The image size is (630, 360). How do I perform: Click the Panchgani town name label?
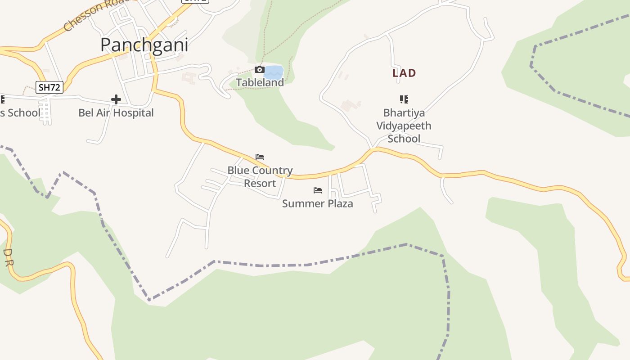[x=144, y=45]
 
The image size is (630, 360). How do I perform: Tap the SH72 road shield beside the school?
[x=49, y=87]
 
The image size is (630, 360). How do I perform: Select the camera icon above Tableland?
[x=259, y=69]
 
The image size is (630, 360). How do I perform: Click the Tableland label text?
[x=260, y=82]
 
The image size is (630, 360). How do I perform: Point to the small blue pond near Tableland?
[x=274, y=72]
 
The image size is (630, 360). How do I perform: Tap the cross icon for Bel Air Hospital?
[x=116, y=99]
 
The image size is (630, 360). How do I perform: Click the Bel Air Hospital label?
[x=116, y=112]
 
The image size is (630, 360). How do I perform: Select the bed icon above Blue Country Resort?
[x=260, y=157]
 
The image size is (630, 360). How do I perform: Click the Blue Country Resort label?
[x=260, y=176]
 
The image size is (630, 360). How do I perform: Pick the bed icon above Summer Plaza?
[x=318, y=190]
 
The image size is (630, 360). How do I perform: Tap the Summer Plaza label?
[x=318, y=203]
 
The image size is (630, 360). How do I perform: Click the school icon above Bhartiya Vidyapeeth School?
[x=404, y=99]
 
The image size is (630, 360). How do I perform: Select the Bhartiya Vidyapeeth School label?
[x=404, y=126]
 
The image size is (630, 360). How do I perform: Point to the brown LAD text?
[x=404, y=73]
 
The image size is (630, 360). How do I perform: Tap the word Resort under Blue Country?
[x=260, y=183]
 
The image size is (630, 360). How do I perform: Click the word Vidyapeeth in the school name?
[x=404, y=126]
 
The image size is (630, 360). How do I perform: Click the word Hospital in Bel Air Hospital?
[x=135, y=112]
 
